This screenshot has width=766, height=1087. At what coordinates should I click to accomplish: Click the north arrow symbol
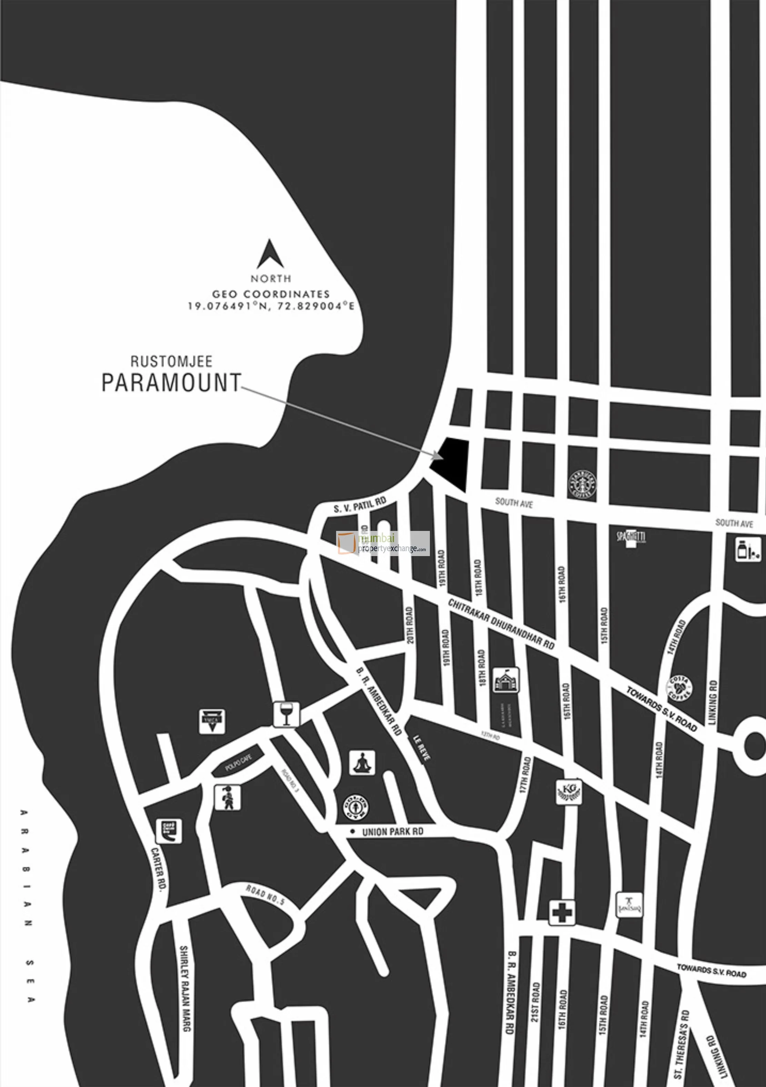270,255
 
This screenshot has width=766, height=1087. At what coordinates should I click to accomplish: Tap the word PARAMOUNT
171,383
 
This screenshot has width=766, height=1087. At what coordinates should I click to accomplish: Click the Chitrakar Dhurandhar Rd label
501,624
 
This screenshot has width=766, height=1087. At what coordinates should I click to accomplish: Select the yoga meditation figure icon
362,763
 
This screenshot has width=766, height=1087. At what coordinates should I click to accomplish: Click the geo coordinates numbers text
271,306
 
